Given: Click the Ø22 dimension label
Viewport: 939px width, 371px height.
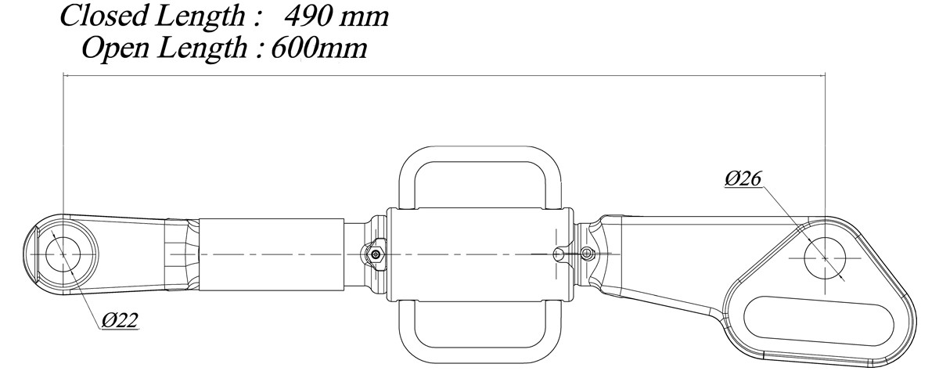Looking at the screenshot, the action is pyautogui.click(x=120, y=321).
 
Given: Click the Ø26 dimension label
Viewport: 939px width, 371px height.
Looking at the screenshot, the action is pyautogui.click(x=743, y=179).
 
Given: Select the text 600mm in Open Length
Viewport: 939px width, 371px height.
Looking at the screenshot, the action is pyautogui.click(x=319, y=49).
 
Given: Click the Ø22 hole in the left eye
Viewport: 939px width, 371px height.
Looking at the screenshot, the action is pyautogui.click(x=63, y=254).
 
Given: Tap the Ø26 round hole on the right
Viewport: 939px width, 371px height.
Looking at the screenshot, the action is pyautogui.click(x=825, y=258).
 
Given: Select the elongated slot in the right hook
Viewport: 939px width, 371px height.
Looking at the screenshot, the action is pyautogui.click(x=818, y=322).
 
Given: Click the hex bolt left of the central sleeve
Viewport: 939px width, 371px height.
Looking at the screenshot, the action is pyautogui.click(x=376, y=254).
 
